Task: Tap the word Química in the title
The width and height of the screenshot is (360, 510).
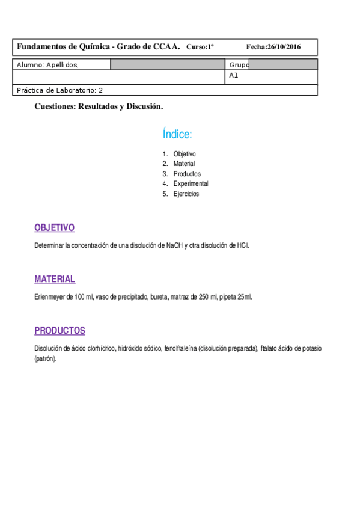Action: [x=91, y=46]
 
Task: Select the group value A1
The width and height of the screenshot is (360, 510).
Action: [x=234, y=76]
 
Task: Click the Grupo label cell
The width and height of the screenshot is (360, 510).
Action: [x=239, y=64]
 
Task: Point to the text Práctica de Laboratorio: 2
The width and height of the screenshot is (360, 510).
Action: [x=60, y=90]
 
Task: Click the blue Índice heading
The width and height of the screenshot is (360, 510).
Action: [x=177, y=134]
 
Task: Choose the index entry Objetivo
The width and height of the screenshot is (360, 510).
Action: [x=185, y=154]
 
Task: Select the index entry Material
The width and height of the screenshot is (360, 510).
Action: [x=184, y=164]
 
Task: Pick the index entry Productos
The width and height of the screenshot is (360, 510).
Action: [x=187, y=174]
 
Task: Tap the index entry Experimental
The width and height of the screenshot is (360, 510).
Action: [x=191, y=183]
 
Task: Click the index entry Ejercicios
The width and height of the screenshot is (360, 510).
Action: [x=186, y=194]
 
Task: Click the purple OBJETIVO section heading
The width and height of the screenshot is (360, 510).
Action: [x=54, y=228]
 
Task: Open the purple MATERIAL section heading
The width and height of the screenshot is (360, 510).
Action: [x=55, y=279]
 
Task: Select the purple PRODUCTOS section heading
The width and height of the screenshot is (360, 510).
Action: [x=59, y=331]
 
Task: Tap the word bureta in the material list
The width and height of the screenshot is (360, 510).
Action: [x=159, y=296]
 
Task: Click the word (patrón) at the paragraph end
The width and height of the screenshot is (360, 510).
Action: [x=46, y=358]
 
